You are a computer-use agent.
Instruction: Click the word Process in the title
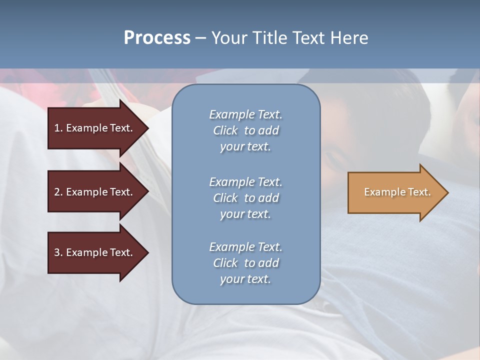tap(157, 38)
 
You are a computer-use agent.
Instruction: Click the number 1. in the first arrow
tap(58, 128)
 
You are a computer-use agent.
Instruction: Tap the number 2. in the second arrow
tap(58, 192)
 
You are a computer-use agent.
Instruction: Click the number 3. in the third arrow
tap(58, 252)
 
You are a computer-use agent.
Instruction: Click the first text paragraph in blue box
tap(245, 130)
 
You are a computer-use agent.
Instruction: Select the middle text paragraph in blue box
tap(245, 198)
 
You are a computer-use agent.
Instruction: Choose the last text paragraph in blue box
tap(245, 263)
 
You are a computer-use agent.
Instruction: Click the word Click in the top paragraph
tap(225, 130)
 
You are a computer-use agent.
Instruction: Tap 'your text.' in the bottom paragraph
tap(245, 279)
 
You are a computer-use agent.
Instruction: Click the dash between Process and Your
tap(200, 38)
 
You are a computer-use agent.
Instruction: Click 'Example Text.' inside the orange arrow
tap(397, 192)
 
